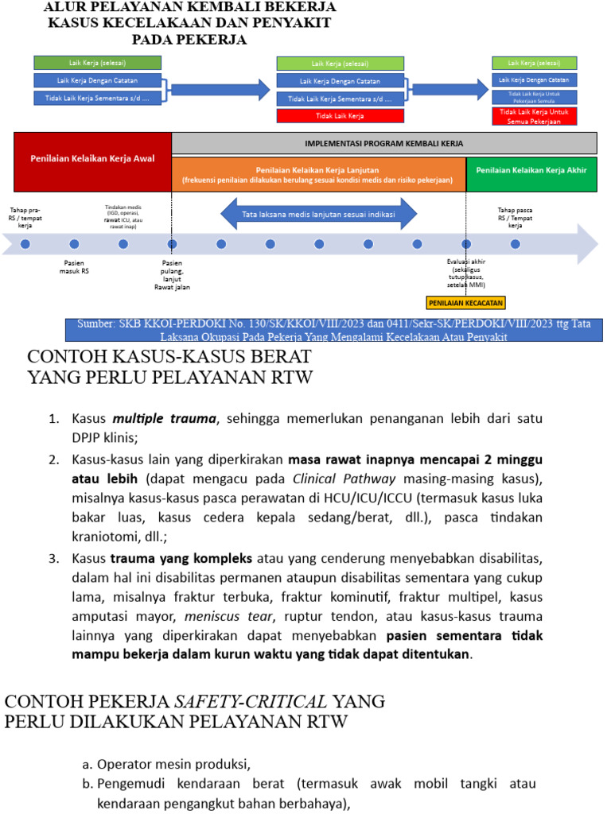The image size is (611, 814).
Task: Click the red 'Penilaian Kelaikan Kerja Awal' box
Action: click(x=92, y=158)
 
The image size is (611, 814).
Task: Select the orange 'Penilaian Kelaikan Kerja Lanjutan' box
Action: click(x=318, y=174)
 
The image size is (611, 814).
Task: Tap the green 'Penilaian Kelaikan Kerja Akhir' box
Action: click(x=531, y=169)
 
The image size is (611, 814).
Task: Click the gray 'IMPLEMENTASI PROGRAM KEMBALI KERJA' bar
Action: click(x=384, y=143)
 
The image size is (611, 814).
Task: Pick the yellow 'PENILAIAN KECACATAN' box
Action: click(x=465, y=303)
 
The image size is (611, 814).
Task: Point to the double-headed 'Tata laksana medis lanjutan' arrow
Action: click(x=318, y=214)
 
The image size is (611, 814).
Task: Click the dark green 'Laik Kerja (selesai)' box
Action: click(x=97, y=62)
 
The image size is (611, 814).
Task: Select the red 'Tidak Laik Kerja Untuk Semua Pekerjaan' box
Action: click(x=535, y=117)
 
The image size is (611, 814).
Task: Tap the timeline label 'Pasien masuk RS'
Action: click(x=74, y=266)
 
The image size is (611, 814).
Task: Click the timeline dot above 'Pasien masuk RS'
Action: click(x=74, y=244)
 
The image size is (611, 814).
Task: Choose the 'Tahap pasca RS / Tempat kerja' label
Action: click(x=516, y=217)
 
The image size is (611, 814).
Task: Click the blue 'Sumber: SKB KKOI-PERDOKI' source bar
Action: click(x=333, y=330)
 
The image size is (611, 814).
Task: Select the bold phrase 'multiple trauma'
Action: click(x=164, y=418)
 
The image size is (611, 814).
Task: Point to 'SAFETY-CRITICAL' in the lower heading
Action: click(x=251, y=701)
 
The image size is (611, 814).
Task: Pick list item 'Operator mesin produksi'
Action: click(x=173, y=765)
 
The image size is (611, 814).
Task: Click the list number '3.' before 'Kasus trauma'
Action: click(x=55, y=558)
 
